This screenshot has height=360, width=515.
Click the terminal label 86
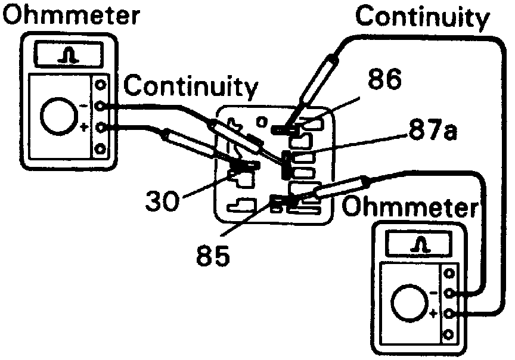click(x=384, y=79)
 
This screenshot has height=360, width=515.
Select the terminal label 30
click(x=162, y=201)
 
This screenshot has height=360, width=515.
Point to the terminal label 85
click(x=213, y=255)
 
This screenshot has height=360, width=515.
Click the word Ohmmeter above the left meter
click(x=71, y=15)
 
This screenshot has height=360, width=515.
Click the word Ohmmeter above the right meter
click(x=409, y=207)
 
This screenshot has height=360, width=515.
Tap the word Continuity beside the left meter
click(x=191, y=86)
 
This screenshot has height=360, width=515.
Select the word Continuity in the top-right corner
click(x=423, y=17)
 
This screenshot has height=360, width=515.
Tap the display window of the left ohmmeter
click(x=70, y=55)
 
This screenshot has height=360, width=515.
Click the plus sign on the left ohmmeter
click(x=84, y=127)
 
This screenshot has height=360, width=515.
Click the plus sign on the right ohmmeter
click(x=434, y=314)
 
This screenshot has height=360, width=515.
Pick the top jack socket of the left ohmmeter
click(x=100, y=85)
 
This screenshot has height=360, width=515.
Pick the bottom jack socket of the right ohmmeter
click(x=449, y=335)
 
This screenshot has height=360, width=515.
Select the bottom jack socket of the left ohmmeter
click(x=100, y=149)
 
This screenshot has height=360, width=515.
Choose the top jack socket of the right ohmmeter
click(x=449, y=274)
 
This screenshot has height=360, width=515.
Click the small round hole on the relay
click(x=262, y=123)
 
